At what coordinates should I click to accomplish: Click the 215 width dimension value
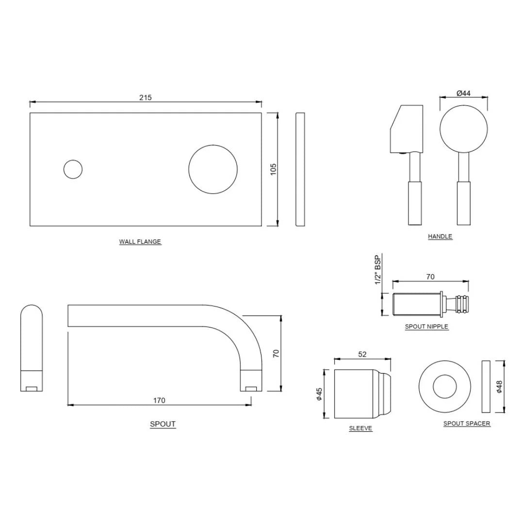146,98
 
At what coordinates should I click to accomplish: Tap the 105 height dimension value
273,169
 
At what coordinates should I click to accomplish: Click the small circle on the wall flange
73,169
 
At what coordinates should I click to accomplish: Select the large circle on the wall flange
213,169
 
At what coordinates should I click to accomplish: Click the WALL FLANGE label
140,242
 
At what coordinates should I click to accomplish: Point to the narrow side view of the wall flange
300,169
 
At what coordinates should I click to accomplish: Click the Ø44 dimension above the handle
463,93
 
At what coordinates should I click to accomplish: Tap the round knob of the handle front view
463,129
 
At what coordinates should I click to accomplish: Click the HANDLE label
440,236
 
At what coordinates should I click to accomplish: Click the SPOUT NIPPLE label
426,327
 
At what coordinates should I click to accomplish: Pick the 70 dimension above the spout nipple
430,277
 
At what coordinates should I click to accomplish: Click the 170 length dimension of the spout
159,400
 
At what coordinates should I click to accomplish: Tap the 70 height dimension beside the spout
276,353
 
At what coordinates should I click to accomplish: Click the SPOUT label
163,424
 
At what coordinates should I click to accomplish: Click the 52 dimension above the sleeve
362,355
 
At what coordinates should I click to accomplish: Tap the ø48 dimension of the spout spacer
499,386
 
